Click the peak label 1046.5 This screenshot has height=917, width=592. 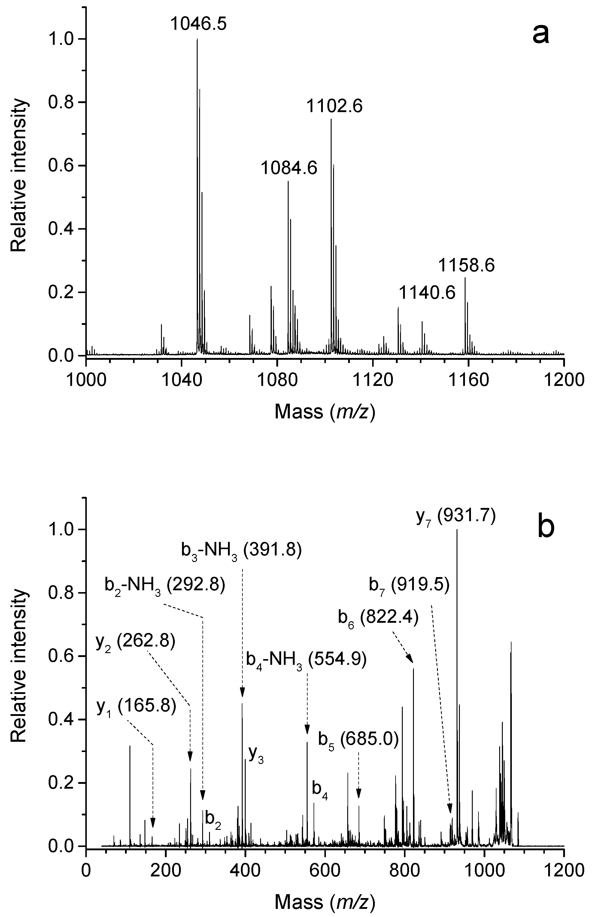click(x=198, y=24)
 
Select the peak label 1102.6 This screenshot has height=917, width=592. click(x=334, y=106)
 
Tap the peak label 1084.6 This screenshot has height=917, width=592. click(x=289, y=168)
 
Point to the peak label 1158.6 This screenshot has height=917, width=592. click(x=466, y=265)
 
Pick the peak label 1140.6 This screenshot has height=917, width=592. click(x=427, y=293)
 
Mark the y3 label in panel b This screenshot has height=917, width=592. click(x=256, y=755)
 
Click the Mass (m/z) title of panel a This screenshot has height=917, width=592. click(x=325, y=411)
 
